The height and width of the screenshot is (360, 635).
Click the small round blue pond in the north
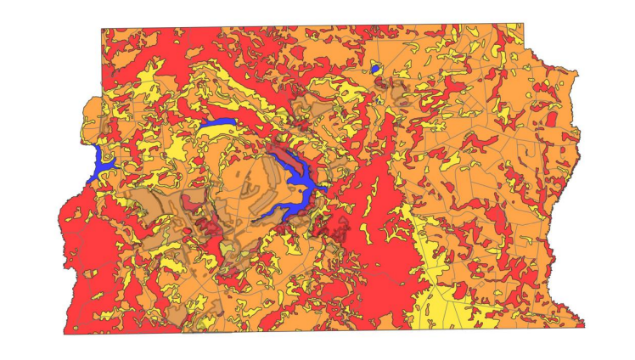click(x=375, y=68)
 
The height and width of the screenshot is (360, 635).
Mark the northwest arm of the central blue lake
click(x=284, y=154)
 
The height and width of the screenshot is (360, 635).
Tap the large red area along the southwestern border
click(x=85, y=255)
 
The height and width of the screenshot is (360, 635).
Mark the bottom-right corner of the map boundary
click(x=585, y=324)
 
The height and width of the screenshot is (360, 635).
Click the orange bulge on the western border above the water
click(x=89, y=127)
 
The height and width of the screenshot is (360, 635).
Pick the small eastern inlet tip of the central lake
click(x=328, y=188)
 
